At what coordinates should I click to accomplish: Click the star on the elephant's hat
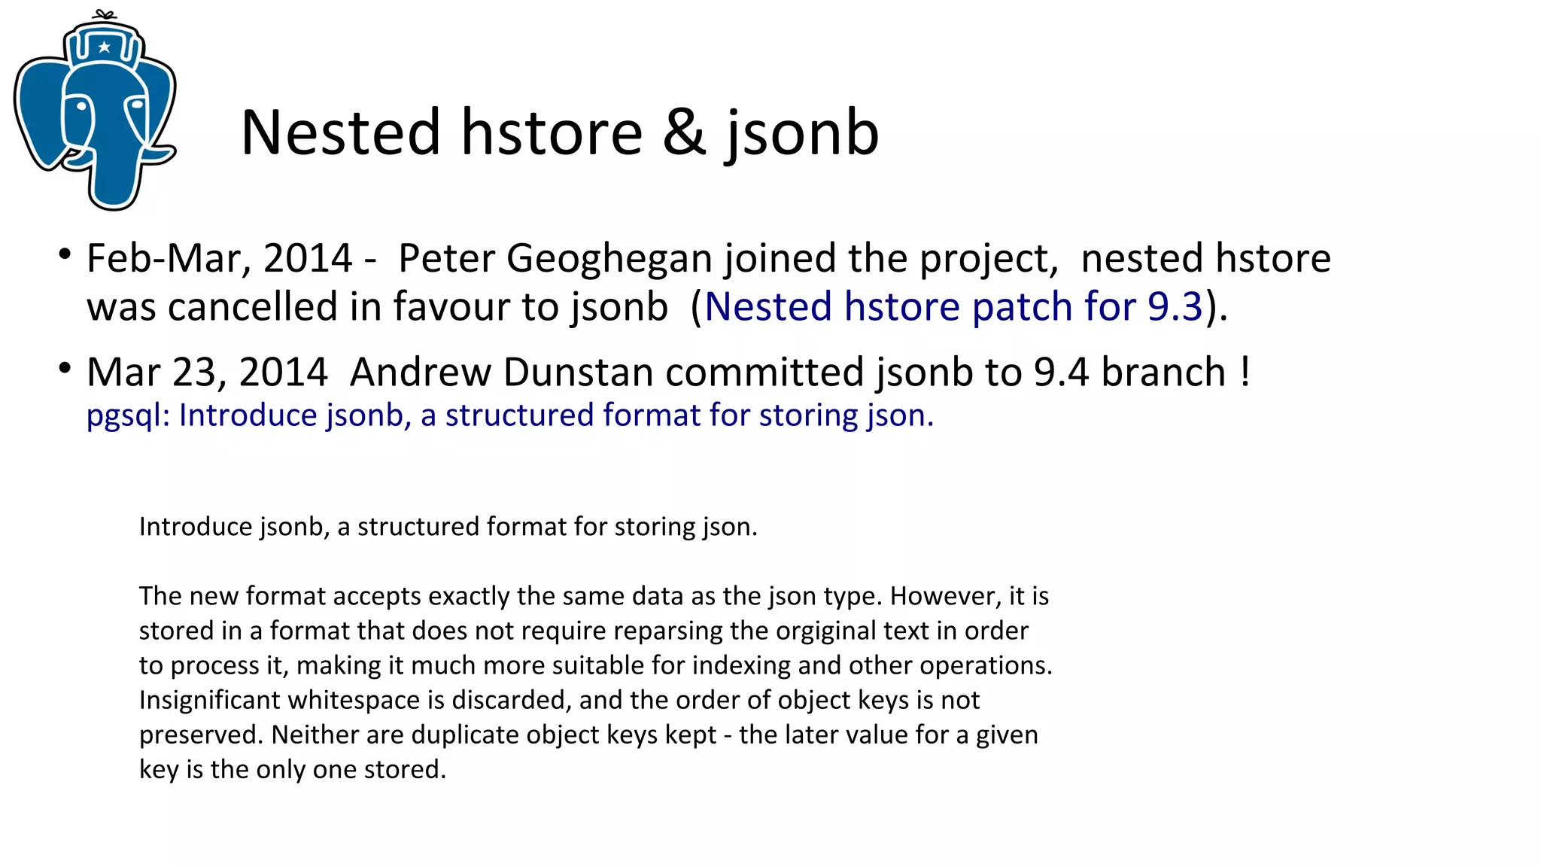point(105,47)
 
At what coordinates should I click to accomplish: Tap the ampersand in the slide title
point(684,133)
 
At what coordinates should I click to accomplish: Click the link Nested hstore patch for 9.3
point(953,307)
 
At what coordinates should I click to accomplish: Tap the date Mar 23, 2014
point(207,373)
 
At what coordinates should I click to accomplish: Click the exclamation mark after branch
point(1245,373)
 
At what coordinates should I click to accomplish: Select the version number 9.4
point(1061,373)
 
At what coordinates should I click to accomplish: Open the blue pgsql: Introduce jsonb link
point(509,415)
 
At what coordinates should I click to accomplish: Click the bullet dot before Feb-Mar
point(65,254)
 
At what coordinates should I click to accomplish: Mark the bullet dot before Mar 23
point(65,369)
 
